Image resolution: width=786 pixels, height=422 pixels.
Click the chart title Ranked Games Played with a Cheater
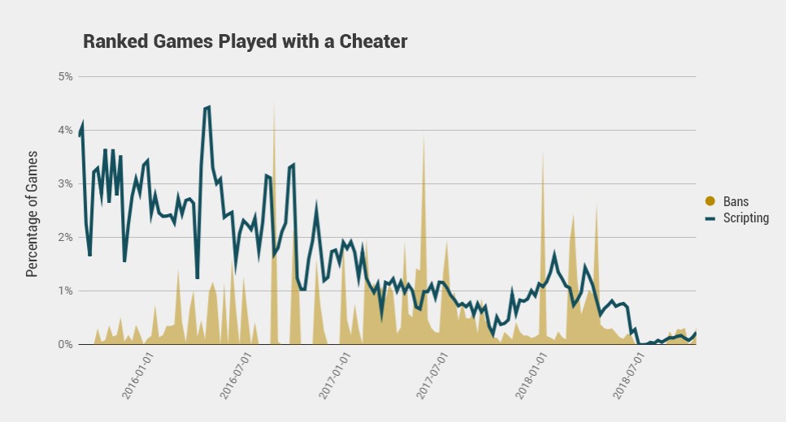(x=245, y=41)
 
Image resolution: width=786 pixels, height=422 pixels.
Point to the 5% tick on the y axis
(x=64, y=76)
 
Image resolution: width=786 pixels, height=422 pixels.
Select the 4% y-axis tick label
(x=64, y=130)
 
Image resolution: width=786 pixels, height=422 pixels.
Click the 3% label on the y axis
(x=64, y=183)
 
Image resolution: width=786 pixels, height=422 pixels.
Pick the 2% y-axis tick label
(x=64, y=237)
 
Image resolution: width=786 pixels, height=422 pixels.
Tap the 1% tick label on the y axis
(x=64, y=291)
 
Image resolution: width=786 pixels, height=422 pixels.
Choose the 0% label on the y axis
(x=64, y=344)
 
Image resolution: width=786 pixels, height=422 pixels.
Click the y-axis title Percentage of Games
(x=33, y=213)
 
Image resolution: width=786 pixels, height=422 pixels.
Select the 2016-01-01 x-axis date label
(x=137, y=375)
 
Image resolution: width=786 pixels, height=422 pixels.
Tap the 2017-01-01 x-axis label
(x=333, y=375)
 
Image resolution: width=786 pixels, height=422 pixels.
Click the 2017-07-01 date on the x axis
(x=431, y=375)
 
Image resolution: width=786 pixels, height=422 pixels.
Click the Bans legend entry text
(x=735, y=201)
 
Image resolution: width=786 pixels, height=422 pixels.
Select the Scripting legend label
(x=745, y=217)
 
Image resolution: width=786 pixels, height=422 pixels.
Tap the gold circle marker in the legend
(x=709, y=201)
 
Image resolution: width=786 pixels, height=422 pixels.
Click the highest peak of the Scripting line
(x=208, y=106)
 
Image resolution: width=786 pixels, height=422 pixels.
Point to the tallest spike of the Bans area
(x=274, y=103)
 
